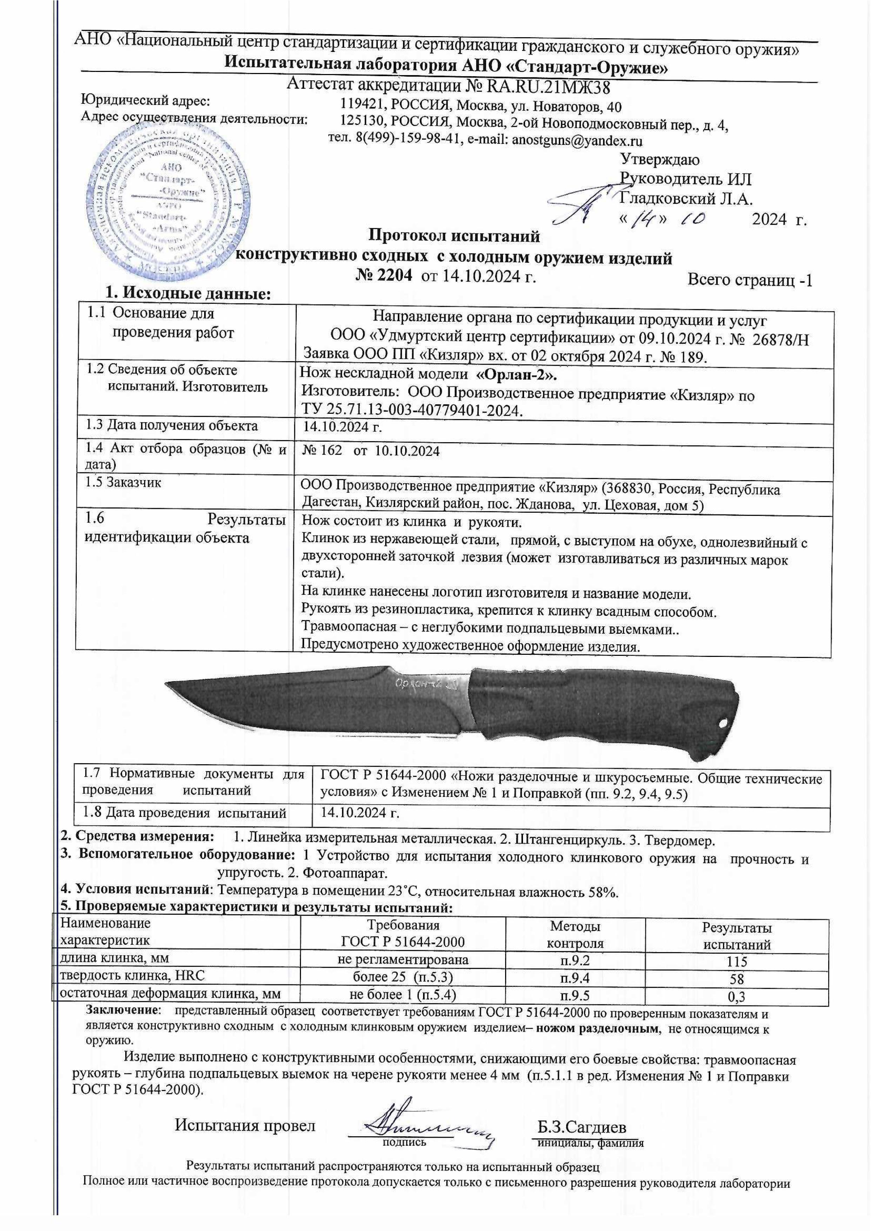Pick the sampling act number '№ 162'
(322, 451)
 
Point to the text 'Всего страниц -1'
(750, 280)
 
